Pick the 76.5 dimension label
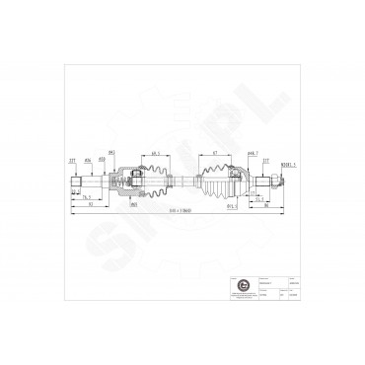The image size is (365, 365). coord(88,198)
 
